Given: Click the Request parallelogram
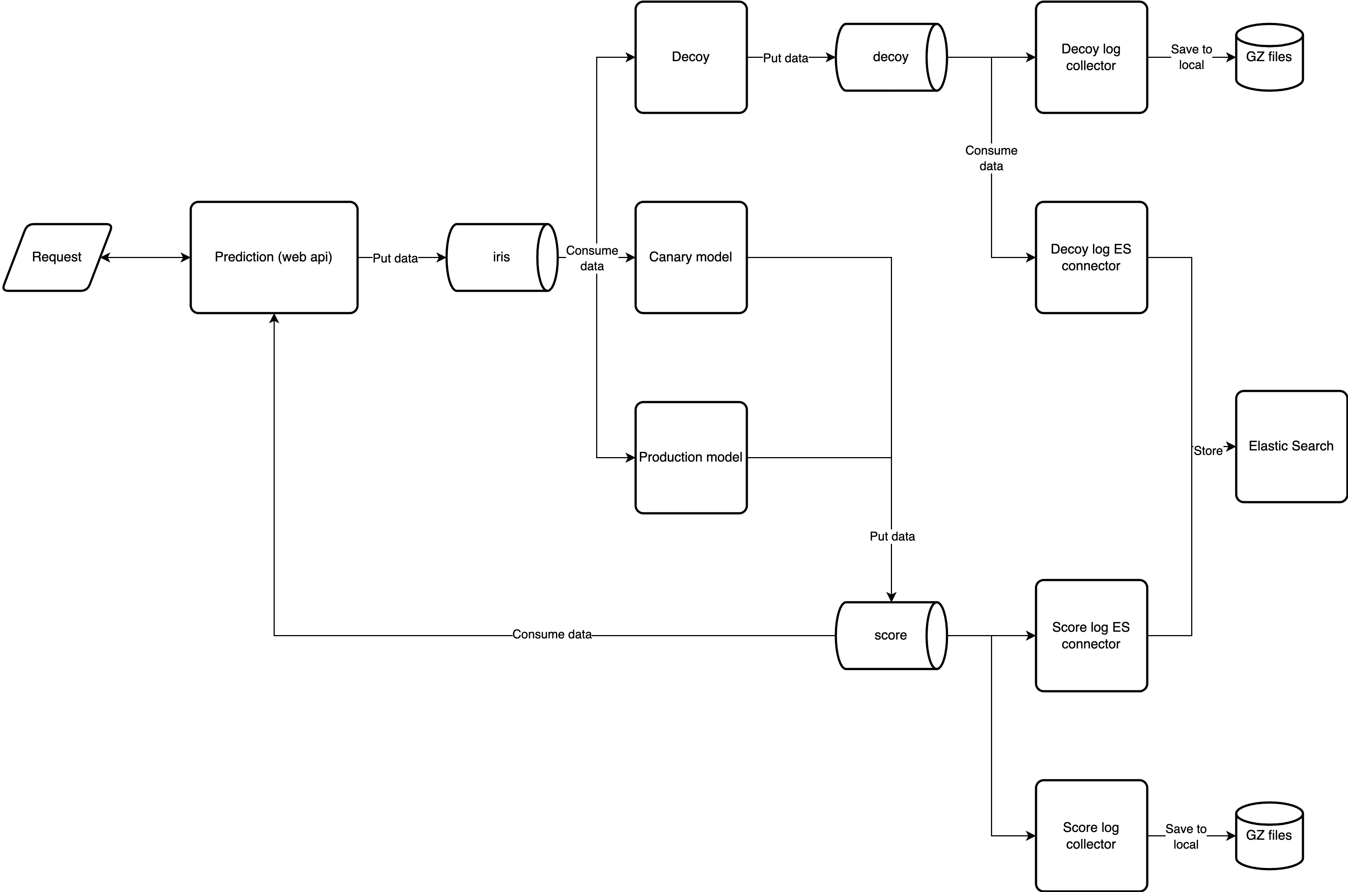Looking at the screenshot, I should pyautogui.click(x=57, y=257).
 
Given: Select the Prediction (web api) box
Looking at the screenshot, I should pyautogui.click(x=274, y=257).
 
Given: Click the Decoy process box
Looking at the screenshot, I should pyautogui.click(x=690, y=57).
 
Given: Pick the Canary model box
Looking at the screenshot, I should pyautogui.click(x=690, y=257).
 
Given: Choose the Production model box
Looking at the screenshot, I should pyautogui.click(x=690, y=457).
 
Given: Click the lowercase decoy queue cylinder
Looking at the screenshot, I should pyautogui.click(x=890, y=57).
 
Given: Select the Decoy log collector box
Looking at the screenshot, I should pyautogui.click(x=1091, y=57).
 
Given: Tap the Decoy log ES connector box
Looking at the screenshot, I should pyautogui.click(x=1091, y=257).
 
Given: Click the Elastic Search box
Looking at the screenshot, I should pyautogui.click(x=1291, y=446).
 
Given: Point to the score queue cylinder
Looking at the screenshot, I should pyautogui.click(x=890, y=635).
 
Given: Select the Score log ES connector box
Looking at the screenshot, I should pyautogui.click(x=1091, y=635).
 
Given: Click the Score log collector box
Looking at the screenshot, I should pyautogui.click(x=1091, y=835).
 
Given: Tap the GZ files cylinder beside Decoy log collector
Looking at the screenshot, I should pyautogui.click(x=1269, y=57).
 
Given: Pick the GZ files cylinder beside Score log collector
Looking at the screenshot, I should pyautogui.click(x=1269, y=835).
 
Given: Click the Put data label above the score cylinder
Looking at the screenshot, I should pyautogui.click(x=892, y=536).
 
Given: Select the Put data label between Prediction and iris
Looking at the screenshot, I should pyautogui.click(x=395, y=258).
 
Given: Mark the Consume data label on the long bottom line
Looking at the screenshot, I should pyautogui.click(x=552, y=634).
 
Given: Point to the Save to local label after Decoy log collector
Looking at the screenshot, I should pyautogui.click(x=1191, y=57).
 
